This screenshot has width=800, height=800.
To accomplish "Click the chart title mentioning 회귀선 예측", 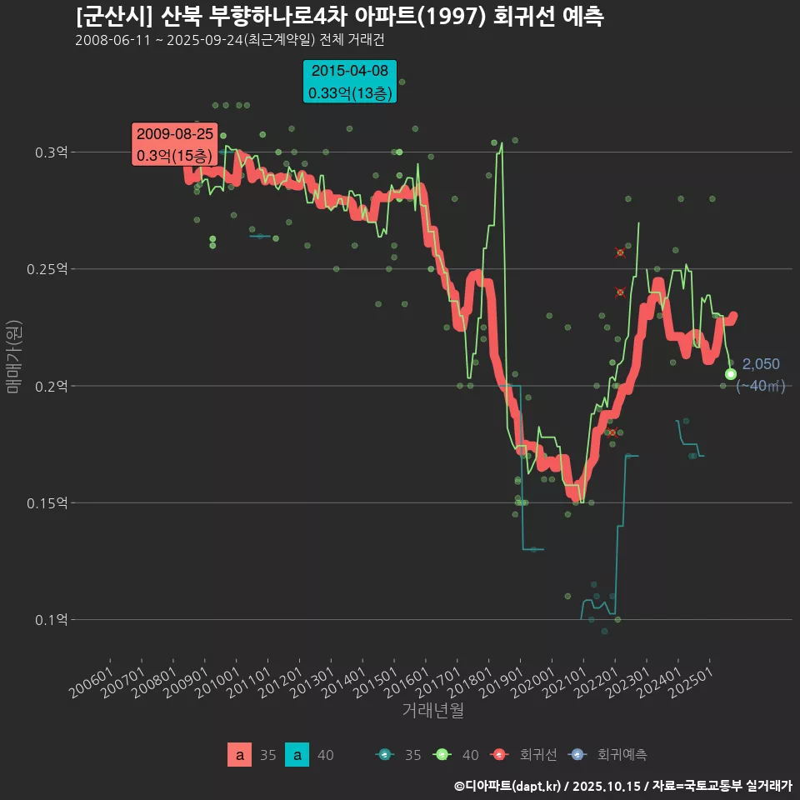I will [339, 17].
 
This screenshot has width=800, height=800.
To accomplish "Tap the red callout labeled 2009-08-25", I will [175, 144].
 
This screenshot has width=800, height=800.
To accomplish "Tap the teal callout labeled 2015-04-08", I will [350, 82].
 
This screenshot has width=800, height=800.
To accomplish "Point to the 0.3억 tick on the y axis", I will [51, 152].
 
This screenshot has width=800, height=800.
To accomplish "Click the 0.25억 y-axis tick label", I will [47, 269].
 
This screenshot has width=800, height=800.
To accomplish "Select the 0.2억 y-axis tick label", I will [51, 386].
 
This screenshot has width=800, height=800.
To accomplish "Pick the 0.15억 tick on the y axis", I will [47, 502].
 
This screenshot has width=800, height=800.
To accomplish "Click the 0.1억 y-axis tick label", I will [51, 619].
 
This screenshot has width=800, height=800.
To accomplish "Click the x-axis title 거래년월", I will [432, 711].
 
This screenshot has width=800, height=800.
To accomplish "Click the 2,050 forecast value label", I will [761, 364].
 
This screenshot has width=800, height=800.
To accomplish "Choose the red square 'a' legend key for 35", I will [240, 755].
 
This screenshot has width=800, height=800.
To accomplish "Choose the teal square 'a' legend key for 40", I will [297, 755].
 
